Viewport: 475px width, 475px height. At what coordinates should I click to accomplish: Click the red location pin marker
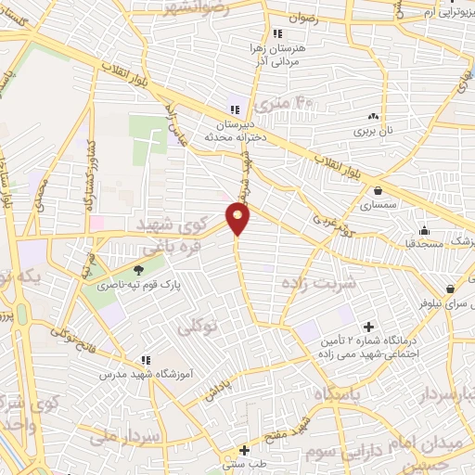point(238,218)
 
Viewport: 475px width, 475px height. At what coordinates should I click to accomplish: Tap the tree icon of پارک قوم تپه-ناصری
point(138,270)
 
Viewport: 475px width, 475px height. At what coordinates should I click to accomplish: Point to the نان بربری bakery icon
point(374,117)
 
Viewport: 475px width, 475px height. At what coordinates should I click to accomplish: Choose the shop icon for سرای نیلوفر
point(450,289)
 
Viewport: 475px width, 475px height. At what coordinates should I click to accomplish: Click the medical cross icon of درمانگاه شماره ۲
point(369,327)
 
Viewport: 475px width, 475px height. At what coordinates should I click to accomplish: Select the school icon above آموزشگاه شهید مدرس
point(146,359)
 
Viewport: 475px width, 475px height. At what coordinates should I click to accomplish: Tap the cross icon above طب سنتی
point(244,449)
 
